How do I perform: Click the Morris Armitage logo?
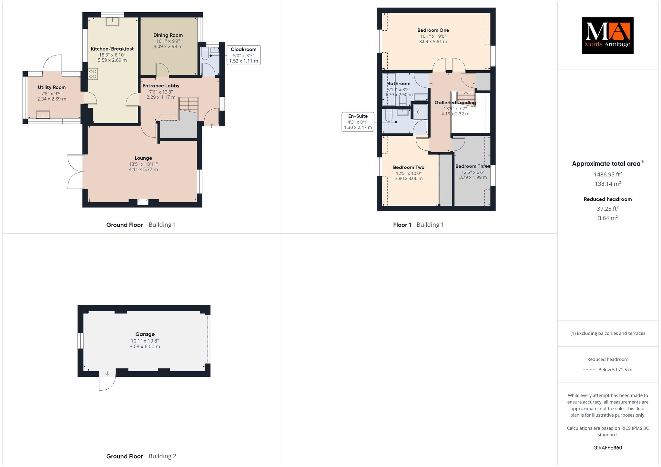(607, 35)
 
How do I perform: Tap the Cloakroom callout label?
(243, 55)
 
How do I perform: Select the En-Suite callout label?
(358, 122)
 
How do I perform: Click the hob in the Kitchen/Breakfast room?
(93, 74)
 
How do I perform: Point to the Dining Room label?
(168, 35)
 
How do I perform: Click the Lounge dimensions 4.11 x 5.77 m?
(143, 169)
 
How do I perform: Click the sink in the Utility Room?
(43, 114)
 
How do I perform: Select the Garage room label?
(145, 334)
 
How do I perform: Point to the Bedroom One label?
(433, 30)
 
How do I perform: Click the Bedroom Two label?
(409, 167)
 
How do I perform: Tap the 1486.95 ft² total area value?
(608, 174)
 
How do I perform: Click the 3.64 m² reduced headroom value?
(608, 218)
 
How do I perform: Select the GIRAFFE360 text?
(608, 448)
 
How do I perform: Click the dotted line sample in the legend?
(589, 370)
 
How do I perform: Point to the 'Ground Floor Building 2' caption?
(141, 456)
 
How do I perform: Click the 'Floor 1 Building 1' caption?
(418, 225)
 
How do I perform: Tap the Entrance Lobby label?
(161, 86)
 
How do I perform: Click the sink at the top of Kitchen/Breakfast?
(113, 22)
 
